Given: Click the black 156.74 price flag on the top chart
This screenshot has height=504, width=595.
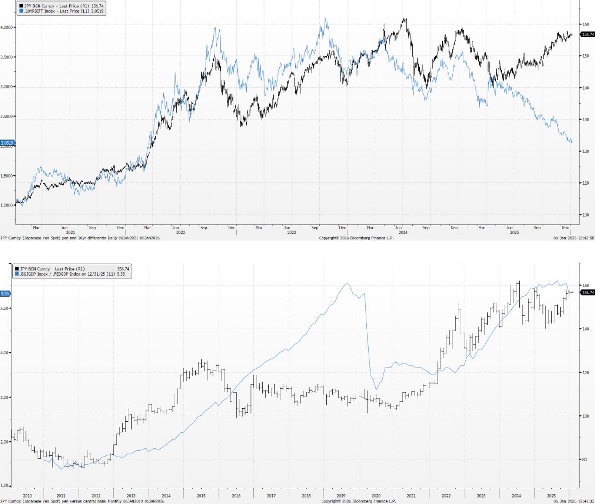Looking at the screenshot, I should pos(588,34).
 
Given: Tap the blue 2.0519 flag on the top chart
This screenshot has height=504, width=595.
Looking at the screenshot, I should pos(7,143).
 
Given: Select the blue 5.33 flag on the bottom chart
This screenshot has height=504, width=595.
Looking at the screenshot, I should pos(5,293).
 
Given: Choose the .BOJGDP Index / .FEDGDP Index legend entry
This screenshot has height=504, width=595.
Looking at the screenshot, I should pos(72,274).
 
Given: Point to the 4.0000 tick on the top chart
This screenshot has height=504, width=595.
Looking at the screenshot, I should pos(7,27).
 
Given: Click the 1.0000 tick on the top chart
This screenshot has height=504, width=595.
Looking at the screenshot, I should pos(7,205).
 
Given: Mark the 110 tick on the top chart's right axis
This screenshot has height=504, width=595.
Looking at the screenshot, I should pos(585,183).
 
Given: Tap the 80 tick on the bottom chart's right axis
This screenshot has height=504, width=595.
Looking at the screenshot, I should pos(585,459).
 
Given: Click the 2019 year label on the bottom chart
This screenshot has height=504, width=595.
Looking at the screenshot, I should pos(341,496).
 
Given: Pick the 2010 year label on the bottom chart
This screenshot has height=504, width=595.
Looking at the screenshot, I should pos(27,496).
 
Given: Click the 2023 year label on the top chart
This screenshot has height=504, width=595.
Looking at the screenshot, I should pos(291,232).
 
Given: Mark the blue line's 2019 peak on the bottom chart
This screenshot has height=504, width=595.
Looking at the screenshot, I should pos(346,283).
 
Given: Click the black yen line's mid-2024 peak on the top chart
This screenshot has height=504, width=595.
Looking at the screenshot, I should pos(405,19).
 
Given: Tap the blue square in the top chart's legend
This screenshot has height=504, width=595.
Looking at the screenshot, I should pos(20,11).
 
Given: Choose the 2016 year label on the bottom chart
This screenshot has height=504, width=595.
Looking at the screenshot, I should pos(236,496).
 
